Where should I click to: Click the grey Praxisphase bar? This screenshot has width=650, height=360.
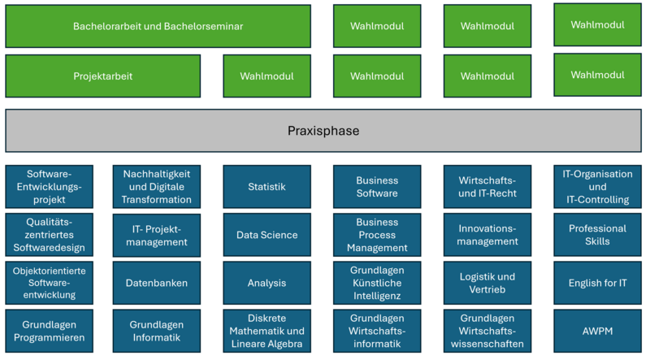(323, 131)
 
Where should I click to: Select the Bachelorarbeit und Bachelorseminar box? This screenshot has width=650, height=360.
(158, 26)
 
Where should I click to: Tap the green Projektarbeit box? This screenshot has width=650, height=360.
(103, 76)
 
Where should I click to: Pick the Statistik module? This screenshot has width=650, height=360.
(267, 187)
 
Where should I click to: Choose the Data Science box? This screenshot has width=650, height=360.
(267, 235)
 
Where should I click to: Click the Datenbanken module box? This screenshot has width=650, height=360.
(157, 283)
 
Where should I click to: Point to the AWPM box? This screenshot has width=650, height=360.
(597, 331)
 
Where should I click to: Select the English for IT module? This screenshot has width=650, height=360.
(597, 283)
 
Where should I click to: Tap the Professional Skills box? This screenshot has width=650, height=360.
(597, 235)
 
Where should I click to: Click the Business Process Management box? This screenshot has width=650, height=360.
(377, 235)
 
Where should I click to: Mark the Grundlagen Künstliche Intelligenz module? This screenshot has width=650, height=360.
(377, 283)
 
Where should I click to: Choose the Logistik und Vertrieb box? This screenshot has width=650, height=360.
(487, 283)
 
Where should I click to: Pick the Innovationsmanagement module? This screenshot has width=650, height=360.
(487, 235)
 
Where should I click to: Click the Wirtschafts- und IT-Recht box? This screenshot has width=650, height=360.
(487, 187)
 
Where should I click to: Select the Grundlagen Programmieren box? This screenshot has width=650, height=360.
(50, 331)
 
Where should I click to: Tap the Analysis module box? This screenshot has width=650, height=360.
(267, 283)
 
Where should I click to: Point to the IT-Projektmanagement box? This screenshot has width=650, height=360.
(157, 235)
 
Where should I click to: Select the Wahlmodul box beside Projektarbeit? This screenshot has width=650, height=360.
(267, 76)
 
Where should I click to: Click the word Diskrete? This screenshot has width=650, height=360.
(267, 318)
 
